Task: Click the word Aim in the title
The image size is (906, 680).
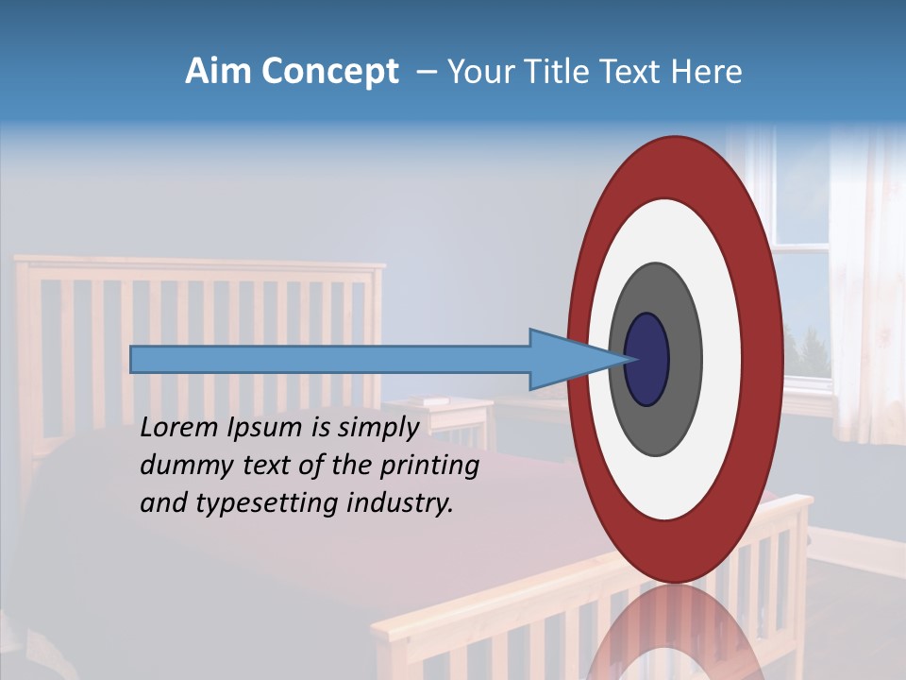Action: [217, 72]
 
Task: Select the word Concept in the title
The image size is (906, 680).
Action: [329, 73]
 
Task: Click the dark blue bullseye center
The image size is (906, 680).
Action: [646, 360]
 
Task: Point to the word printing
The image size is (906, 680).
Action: [428, 467]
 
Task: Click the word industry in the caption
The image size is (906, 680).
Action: [399, 503]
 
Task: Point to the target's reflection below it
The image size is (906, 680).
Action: [674, 633]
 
